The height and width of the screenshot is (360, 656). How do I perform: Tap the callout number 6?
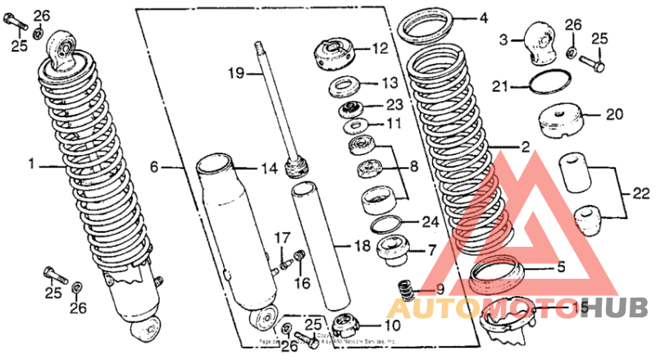point(153,166)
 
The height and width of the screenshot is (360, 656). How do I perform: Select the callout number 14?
point(269,169)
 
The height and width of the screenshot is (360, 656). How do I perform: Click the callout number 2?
point(525,148)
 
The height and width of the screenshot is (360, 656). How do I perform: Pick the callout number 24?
point(430,221)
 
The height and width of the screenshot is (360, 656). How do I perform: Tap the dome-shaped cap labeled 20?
point(563,122)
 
